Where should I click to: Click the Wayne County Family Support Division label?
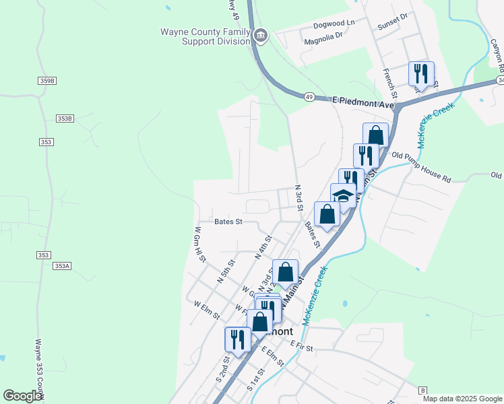[205, 36]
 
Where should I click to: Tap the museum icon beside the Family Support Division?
[261, 35]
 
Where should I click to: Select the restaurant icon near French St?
[421, 73]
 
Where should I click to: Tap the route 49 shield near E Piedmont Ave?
[308, 97]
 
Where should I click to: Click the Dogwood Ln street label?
[334, 23]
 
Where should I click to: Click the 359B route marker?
[47, 80]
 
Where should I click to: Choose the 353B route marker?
[64, 119]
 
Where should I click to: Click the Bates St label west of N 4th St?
[228, 222]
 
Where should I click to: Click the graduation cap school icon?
[343, 196]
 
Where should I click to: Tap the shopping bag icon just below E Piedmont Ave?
[375, 135]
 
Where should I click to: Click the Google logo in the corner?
[22, 396]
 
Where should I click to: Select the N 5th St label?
[225, 271]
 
